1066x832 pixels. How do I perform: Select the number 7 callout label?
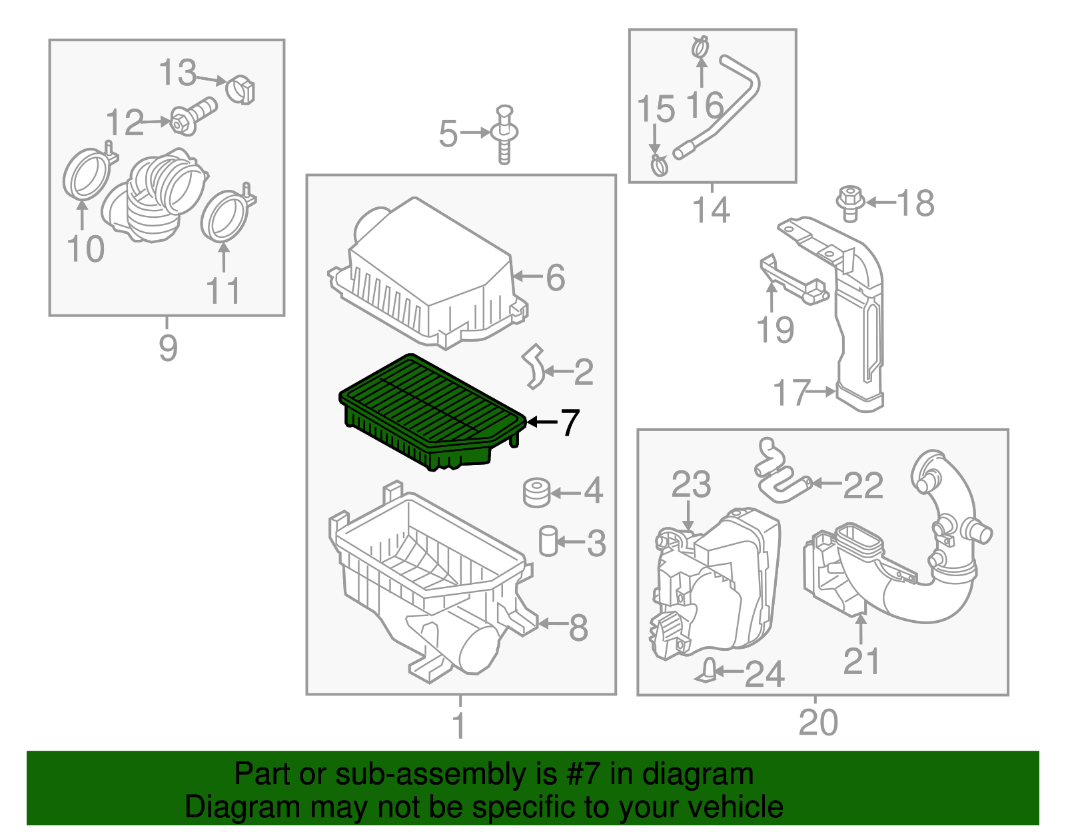pos(570,422)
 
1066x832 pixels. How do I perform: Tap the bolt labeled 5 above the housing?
pos(504,134)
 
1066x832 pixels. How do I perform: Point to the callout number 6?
pos(555,277)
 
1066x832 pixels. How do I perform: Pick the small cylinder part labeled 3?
pos(548,540)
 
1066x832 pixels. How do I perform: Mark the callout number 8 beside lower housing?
pos(578,627)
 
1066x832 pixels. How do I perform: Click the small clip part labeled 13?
pos(241,91)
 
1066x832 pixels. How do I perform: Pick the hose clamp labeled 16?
pos(700,48)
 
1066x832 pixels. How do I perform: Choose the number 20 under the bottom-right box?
pos(817,723)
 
